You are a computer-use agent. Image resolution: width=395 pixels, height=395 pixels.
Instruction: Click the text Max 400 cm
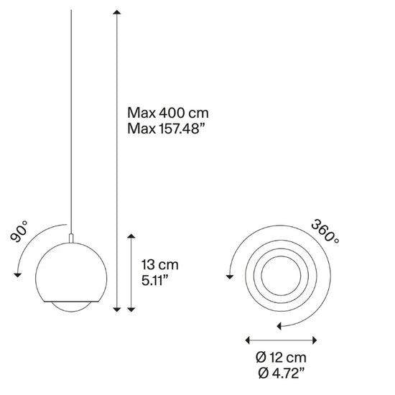[x=168, y=113]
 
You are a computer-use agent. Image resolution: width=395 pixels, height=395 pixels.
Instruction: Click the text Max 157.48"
[x=165, y=129]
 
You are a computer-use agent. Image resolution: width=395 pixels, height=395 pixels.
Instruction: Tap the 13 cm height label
[x=159, y=265]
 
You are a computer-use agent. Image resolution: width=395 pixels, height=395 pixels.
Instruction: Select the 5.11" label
[x=154, y=280]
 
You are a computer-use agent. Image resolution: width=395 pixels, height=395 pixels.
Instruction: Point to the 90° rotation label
[x=19, y=231]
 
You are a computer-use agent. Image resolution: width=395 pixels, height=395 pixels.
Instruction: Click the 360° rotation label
[x=325, y=231]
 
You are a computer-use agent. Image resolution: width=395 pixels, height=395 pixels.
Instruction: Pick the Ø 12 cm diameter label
[x=281, y=358]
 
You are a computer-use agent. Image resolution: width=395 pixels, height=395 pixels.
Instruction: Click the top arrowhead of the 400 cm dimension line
[x=116, y=12]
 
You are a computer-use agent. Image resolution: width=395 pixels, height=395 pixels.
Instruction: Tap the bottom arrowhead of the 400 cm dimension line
[x=116, y=310]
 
